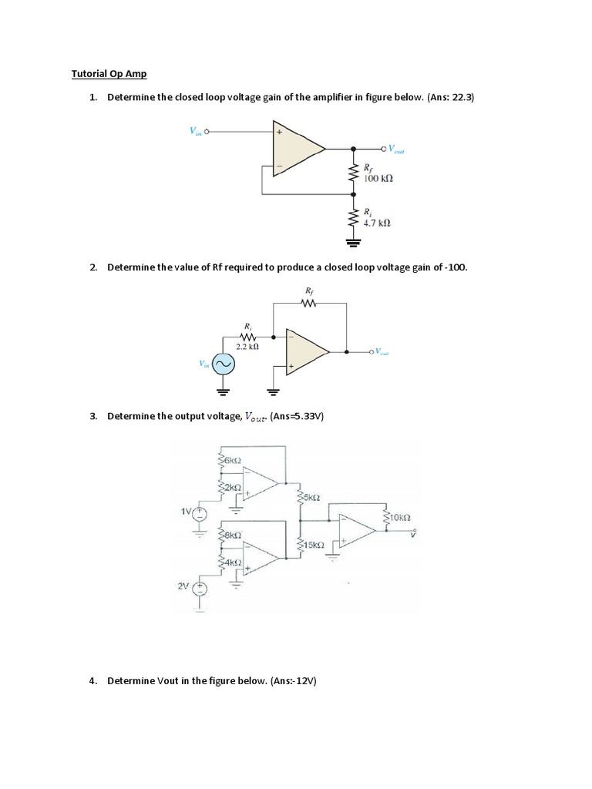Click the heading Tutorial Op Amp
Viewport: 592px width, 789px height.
(x=109, y=74)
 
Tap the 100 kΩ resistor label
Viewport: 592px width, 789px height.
(x=378, y=177)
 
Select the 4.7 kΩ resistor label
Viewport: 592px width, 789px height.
(x=377, y=222)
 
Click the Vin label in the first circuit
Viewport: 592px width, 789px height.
(x=195, y=131)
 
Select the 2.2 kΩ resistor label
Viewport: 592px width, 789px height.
(x=247, y=347)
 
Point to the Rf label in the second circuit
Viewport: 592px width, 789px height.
(x=310, y=290)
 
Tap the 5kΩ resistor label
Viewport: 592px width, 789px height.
(x=311, y=497)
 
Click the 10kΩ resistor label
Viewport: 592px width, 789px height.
(x=401, y=518)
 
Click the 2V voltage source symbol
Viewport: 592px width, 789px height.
(x=198, y=588)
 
